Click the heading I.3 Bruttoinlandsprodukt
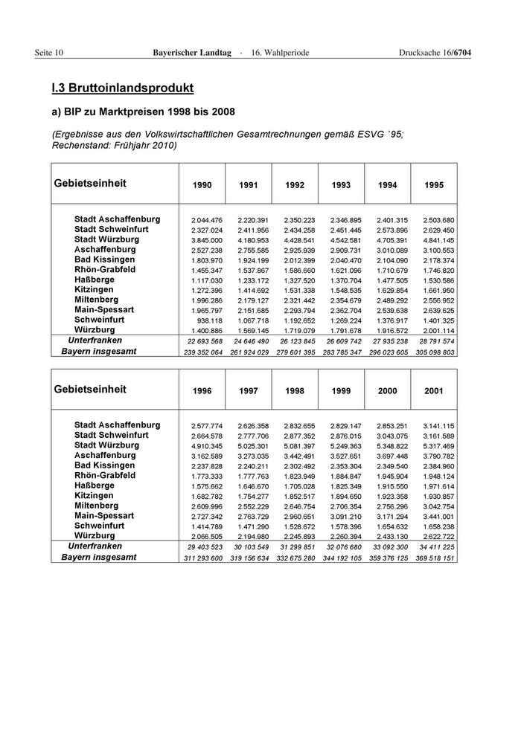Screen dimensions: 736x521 click(x=123, y=88)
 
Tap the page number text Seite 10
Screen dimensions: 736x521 click(x=49, y=52)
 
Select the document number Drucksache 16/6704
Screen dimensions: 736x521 click(x=435, y=52)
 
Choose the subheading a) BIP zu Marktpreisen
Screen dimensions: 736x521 click(x=143, y=112)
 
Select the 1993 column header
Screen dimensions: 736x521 click(x=341, y=185)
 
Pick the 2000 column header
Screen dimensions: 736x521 click(x=387, y=391)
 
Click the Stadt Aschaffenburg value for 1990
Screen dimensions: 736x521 click(x=207, y=221)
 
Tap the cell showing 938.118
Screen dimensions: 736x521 click(x=209, y=320)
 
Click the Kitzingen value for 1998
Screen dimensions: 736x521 click(x=299, y=496)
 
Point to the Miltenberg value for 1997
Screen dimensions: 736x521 click(x=253, y=506)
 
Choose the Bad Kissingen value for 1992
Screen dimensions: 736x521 click(x=299, y=260)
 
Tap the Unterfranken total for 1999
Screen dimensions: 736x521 click(x=344, y=546)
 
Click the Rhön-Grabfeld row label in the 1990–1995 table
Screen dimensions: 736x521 click(x=105, y=270)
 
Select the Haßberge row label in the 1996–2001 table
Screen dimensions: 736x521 click(x=95, y=485)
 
